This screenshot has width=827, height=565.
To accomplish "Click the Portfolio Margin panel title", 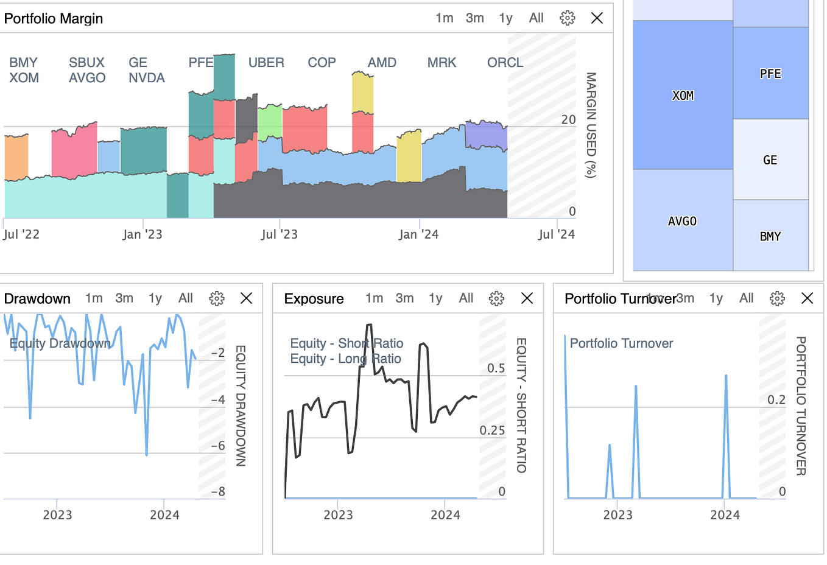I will pos(54,19).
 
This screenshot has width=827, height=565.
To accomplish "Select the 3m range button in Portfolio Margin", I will pos(474,18).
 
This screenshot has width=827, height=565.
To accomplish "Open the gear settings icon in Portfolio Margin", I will pos(567,18).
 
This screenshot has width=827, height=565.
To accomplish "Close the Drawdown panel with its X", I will pos(246,298).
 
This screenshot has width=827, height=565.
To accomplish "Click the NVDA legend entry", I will pos(147,78).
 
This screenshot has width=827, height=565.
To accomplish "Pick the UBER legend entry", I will pos(266,63).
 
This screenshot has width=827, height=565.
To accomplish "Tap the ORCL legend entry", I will pos(505,63).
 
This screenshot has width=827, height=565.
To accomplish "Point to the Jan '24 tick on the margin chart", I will pos(418,234).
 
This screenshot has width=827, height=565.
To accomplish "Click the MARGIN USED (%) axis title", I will pos(590,125).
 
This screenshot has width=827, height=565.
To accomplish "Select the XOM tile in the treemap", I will pos(683,96).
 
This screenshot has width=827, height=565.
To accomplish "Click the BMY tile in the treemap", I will pos(770,236).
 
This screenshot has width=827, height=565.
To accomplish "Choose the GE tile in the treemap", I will pos(770,160).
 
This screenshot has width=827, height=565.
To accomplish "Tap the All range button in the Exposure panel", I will pos(466,298).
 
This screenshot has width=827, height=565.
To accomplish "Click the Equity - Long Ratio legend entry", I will pos(345,359).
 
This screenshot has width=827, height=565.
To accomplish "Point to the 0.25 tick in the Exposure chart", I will pos(492,430).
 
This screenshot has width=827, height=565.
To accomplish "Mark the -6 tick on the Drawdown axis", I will pos(217,446).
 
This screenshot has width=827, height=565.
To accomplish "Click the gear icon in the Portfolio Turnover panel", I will pos(777,298).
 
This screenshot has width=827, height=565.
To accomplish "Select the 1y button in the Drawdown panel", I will pos(155,298).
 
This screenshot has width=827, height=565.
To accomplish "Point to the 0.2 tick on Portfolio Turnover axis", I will pos(776,400).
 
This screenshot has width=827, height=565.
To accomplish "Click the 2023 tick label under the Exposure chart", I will pos(338,515).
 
